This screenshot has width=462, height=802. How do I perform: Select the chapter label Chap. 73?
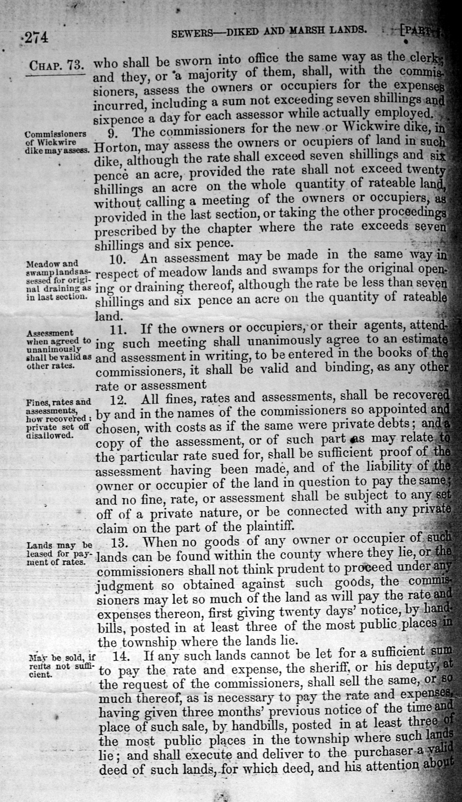coord(56,66)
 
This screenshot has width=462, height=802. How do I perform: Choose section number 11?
coord(117,329)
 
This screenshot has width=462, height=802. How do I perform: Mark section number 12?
coord(117,400)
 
